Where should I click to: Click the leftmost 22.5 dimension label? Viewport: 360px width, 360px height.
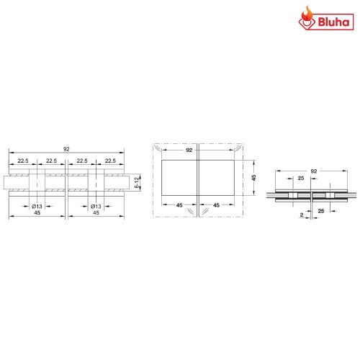(23, 161)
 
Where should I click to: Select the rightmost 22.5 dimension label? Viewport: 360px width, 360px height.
(110, 161)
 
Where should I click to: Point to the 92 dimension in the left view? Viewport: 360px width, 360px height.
(66, 148)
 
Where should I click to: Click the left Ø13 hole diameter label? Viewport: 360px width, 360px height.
(37, 207)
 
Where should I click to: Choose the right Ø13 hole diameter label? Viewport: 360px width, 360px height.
(96, 207)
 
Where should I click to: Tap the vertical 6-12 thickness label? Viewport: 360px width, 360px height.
(137, 184)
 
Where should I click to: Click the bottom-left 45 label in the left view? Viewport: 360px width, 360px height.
(37, 214)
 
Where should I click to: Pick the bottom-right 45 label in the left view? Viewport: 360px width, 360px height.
(96, 214)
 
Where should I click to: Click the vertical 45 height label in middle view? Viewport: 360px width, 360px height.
(254, 177)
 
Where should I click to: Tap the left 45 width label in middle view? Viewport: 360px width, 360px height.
(179, 205)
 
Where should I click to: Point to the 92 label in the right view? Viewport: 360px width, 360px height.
(313, 171)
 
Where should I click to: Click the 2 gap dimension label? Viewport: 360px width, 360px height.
(300, 214)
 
